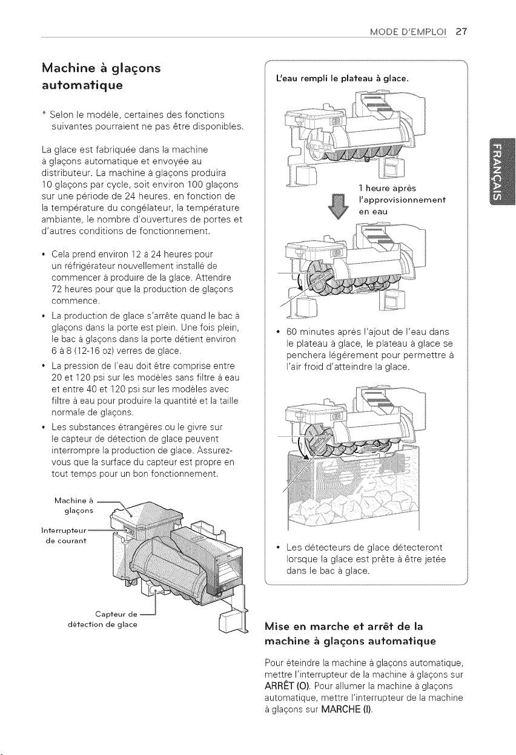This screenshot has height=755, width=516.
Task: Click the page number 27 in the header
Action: point(461,31)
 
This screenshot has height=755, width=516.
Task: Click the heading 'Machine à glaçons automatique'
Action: point(101,76)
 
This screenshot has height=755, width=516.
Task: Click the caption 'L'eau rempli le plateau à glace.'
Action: point(342,79)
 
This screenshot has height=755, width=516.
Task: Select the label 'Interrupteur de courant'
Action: point(64,535)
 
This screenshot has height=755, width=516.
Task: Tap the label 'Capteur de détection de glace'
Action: point(102,619)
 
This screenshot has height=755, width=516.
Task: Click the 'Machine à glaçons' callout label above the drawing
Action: point(74,506)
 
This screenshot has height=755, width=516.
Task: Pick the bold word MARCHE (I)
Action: point(346,710)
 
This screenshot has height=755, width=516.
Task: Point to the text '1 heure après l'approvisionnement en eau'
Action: point(402,200)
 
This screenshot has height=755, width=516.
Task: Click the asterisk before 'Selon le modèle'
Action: point(44,114)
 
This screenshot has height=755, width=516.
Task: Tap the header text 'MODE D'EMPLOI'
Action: point(408,31)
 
